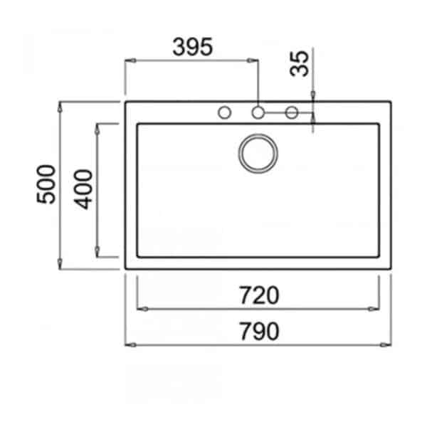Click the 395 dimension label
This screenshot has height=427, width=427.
[193, 47]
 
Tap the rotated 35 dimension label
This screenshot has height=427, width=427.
[300, 64]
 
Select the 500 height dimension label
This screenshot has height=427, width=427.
[46, 184]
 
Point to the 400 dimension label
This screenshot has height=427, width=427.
[83, 189]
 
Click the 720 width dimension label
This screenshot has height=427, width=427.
[259, 295]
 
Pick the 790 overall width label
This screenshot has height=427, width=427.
[259, 331]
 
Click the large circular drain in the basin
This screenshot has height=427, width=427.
[258, 153]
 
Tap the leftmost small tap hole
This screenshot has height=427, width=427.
[225, 112]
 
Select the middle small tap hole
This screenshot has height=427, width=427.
[258, 112]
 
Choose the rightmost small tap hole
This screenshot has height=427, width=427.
[291, 112]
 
